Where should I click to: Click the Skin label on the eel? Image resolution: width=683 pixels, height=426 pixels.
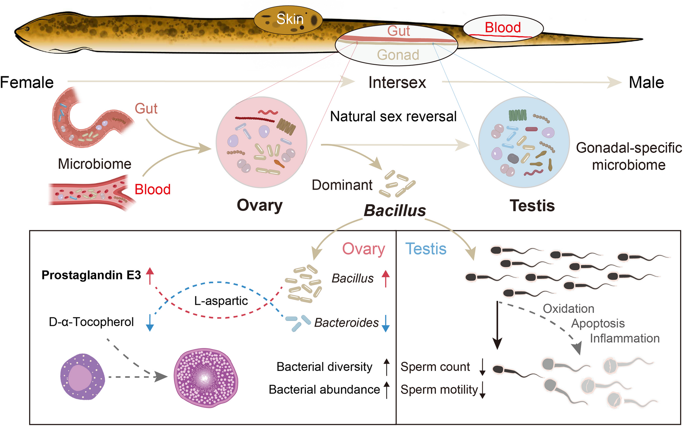(x=290, y=19)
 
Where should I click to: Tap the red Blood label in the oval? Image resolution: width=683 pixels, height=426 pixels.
(x=503, y=27)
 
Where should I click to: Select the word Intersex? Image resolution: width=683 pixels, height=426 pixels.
(x=397, y=83)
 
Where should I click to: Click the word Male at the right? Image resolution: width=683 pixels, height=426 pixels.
(x=646, y=83)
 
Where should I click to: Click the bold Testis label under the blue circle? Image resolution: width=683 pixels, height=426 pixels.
(x=532, y=206)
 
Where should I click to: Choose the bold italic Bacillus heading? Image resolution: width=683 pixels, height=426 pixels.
(x=395, y=211)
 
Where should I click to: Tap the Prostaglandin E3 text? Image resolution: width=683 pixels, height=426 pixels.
(x=91, y=275)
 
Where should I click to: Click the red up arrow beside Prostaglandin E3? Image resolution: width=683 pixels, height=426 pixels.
(x=150, y=275)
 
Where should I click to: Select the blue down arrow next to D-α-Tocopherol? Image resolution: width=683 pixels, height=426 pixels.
(x=150, y=322)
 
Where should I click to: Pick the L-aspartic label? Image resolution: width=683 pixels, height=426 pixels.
(x=221, y=301)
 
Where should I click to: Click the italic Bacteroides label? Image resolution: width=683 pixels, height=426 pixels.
(x=346, y=323)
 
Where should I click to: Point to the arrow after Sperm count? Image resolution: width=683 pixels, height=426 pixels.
(x=482, y=367)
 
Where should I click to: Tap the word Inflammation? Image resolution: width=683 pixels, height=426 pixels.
(x=624, y=338)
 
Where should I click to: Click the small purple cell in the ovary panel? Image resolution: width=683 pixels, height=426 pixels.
(x=83, y=377)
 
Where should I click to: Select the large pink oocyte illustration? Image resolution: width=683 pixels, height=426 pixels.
(x=206, y=378)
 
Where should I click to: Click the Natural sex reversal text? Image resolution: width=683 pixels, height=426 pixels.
(x=393, y=116)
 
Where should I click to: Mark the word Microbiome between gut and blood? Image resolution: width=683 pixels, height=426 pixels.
(x=95, y=164)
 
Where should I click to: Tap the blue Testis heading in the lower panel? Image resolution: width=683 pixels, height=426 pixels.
(x=426, y=249)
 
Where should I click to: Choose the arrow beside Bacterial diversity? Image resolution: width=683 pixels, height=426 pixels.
(x=386, y=367)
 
